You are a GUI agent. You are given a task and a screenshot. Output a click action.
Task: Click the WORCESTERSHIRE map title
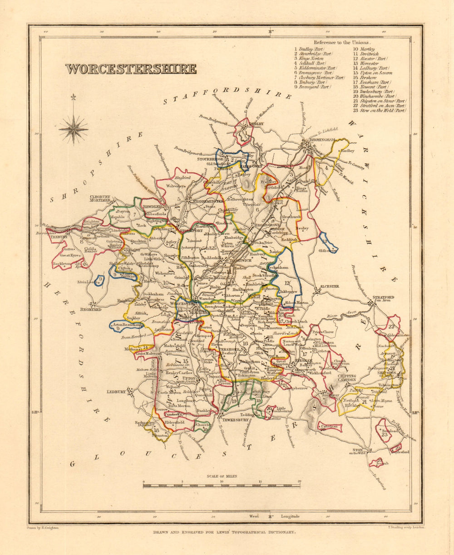click(x=131, y=69)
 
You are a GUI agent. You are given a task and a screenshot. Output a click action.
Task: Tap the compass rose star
click(x=73, y=129)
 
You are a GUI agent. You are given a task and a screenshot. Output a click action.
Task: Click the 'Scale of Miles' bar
click(x=221, y=486)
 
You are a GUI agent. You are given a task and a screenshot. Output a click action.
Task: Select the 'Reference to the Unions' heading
click(x=348, y=42)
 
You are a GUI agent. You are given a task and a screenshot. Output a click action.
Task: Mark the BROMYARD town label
click(x=91, y=309)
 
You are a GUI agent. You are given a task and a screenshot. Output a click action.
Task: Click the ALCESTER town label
click(x=329, y=287)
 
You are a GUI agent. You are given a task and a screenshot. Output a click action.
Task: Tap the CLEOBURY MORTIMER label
click(x=100, y=199)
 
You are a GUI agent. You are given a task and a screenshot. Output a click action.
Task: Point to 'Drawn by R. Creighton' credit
click(x=40, y=528)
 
